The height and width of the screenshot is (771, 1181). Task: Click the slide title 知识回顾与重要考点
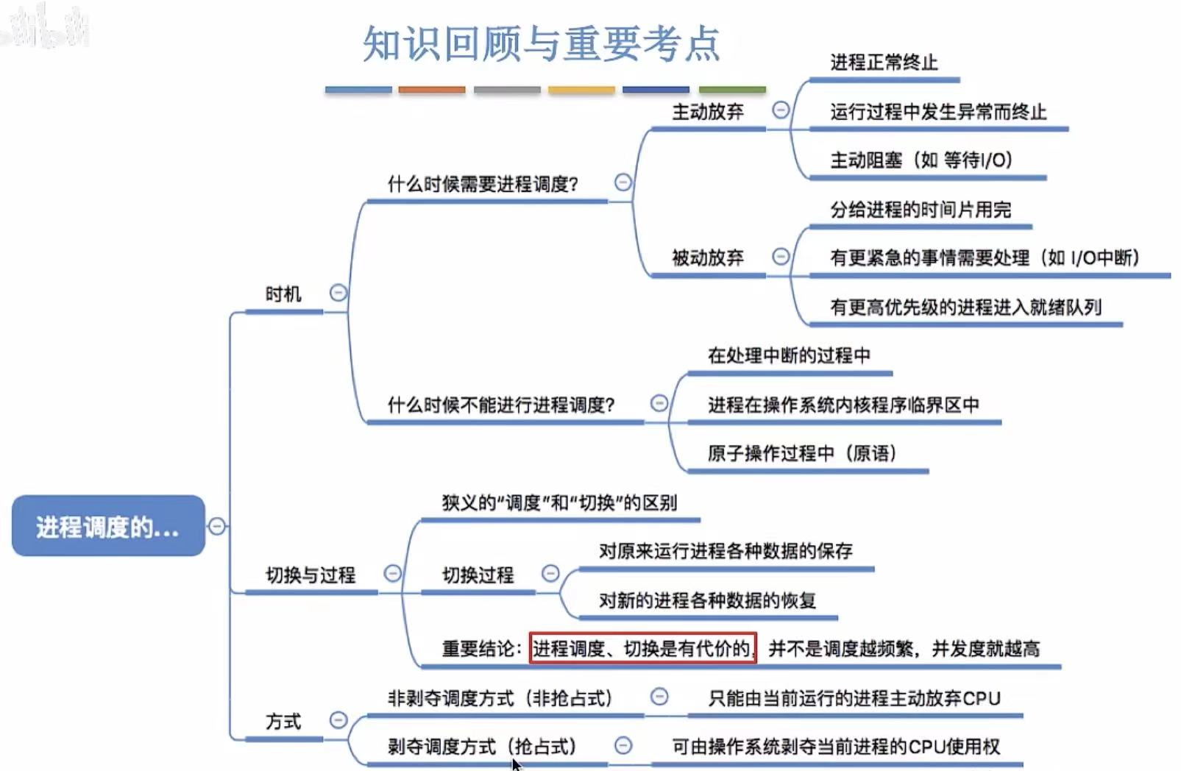point(541,43)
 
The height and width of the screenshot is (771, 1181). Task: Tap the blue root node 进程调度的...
point(107,527)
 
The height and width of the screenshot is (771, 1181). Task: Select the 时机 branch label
point(283,294)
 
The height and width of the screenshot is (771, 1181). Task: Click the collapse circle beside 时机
point(338,293)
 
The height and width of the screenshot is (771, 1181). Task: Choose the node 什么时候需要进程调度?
point(483,184)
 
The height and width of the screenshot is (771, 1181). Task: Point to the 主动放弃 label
point(707,112)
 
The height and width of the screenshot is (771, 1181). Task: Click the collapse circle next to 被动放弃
point(781,256)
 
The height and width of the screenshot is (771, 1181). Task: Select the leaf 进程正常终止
point(884,63)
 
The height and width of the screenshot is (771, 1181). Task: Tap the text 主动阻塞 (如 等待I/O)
point(921,160)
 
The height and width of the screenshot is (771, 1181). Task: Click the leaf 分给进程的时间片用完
point(920,210)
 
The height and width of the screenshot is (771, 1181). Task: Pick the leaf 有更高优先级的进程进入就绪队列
point(965,308)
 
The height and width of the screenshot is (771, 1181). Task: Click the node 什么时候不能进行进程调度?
point(500,405)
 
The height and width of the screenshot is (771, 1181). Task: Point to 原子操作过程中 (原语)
point(801,453)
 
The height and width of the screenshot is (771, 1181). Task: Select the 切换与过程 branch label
point(310,575)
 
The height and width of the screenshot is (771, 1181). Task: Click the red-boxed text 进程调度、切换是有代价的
point(642,648)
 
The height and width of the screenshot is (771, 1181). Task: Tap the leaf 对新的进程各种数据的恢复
point(706,600)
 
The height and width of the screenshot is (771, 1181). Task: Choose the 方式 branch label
point(283,722)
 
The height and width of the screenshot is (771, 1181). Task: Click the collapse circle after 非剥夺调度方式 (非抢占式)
point(659,696)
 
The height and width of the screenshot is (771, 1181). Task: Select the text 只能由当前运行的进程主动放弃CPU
point(854,698)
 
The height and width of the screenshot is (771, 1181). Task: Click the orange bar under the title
point(432,90)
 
